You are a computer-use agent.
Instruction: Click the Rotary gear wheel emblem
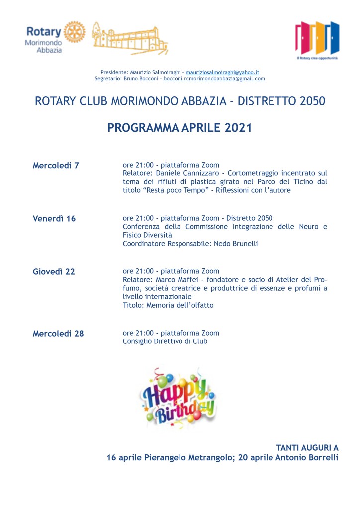pos(75,32)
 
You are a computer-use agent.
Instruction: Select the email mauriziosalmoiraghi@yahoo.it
pos(222,72)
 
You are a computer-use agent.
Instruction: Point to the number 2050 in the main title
pos(306,101)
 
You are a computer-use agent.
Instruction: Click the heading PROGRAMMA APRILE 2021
pos(180,128)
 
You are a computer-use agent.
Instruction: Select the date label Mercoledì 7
pos(56,165)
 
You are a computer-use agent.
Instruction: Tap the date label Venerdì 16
pos(54,218)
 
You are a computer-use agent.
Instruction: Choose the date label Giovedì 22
pos(54,271)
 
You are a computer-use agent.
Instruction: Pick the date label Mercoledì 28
pos(58,333)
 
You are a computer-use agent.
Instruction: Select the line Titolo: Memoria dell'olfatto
pos(168,305)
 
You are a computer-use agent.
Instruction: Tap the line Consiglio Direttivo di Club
pos(165,341)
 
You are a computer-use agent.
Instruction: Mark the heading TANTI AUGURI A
pos(307,447)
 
